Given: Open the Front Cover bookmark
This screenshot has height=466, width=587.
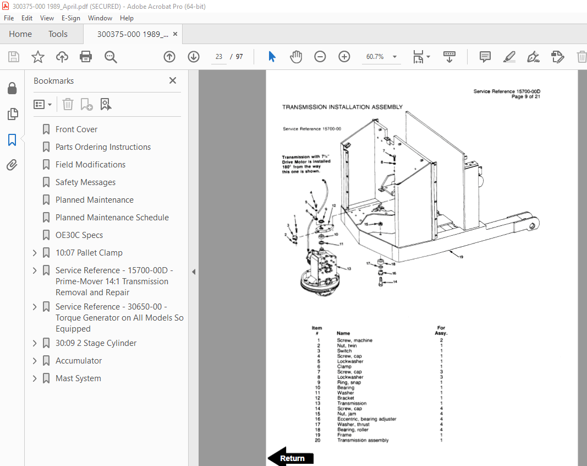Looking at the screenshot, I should [x=76, y=129].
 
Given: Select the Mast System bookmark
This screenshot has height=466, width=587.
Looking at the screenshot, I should [x=78, y=378].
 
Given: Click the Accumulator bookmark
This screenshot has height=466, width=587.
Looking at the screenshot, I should [x=79, y=361].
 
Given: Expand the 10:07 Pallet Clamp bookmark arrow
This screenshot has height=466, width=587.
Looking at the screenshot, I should [x=35, y=253].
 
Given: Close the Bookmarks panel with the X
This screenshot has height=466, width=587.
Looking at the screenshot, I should [x=173, y=80].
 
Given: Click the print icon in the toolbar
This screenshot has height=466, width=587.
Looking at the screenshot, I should [x=86, y=57].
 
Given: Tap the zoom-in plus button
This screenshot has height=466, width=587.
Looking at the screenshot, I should [x=344, y=57].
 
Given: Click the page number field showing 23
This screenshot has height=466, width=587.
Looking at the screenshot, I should [x=219, y=57].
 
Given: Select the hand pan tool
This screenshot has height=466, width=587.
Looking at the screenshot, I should [x=296, y=57].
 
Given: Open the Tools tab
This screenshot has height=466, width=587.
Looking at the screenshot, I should [x=58, y=34].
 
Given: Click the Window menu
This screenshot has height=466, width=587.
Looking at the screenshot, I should [x=100, y=18].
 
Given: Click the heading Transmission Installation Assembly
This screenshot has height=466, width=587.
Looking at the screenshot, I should [x=342, y=107].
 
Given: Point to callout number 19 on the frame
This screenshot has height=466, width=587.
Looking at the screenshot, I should [x=460, y=257].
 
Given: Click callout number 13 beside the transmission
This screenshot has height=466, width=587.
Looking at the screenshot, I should [x=348, y=268].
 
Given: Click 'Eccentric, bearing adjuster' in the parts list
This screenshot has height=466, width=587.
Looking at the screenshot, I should [x=366, y=419].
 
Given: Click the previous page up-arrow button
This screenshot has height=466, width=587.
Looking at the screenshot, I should [x=169, y=57].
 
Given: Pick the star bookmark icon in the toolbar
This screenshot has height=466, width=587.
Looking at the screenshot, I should [x=37, y=57].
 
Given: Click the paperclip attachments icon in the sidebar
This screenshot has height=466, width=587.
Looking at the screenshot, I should [x=12, y=165].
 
